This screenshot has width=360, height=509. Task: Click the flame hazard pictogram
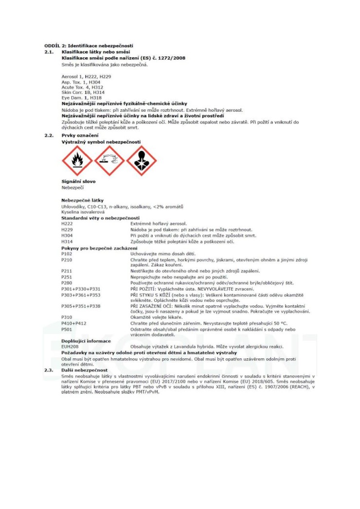tap(77, 161)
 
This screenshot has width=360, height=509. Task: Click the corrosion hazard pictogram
tap(109, 161)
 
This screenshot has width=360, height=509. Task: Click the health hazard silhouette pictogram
tap(141, 161)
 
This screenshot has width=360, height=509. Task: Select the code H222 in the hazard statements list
tap(67, 224)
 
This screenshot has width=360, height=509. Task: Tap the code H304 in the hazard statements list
tap(67, 236)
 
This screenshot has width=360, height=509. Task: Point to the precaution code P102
tap(67, 254)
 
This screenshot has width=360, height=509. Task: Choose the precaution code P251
tap(67, 277)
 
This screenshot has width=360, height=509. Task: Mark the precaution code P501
tap(67, 329)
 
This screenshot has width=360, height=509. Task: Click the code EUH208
tap(69, 347)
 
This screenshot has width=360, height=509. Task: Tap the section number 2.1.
tap(48, 51)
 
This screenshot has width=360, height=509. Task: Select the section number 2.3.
tap(48, 370)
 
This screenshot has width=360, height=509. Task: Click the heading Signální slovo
tap(78, 181)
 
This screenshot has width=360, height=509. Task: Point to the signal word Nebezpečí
tap(72, 187)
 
